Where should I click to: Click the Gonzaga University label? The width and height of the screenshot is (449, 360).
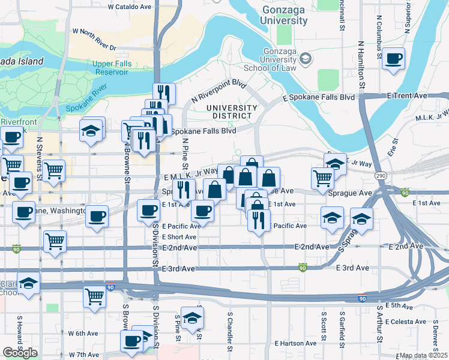tap(285, 16)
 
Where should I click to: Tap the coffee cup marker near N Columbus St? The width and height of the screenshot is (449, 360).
tap(394, 59)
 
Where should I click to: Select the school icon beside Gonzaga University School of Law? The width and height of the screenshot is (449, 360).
tap(306, 58)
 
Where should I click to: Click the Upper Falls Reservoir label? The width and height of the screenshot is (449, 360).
tap(110, 68)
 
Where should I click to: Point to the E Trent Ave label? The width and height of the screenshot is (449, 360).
tap(407, 95)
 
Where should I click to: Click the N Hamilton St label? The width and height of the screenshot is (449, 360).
tap(361, 66)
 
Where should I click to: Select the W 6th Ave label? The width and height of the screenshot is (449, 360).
tap(83, 333)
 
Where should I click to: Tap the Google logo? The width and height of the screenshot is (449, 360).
tap(20, 353)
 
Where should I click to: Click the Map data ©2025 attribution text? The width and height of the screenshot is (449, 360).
tap(423, 355)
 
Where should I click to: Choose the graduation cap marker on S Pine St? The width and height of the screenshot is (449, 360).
tap(193, 318)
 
